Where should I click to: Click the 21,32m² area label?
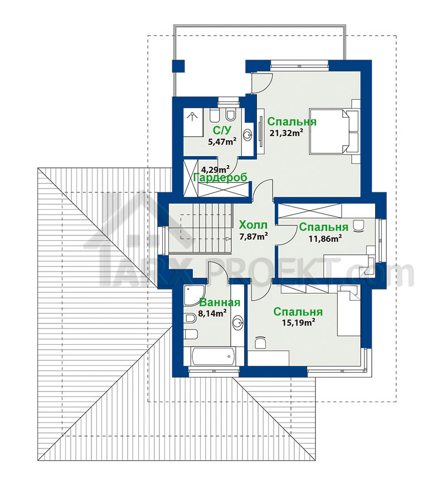click(286, 133)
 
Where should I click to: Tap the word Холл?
click(253, 225)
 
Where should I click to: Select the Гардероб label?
click(220, 177)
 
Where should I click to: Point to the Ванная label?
click(220, 302)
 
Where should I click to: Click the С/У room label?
click(222, 130)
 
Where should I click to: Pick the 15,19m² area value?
click(298, 322)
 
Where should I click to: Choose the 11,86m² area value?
click(325, 238)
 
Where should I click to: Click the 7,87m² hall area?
click(254, 236)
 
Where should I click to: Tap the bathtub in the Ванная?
click(213, 356)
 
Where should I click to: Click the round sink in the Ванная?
click(238, 322)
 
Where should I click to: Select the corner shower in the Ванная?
click(194, 295)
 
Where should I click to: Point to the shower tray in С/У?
click(193, 123)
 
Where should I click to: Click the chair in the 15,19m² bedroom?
click(260, 342)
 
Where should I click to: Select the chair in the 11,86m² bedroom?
click(358, 226)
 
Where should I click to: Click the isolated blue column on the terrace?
click(179, 66)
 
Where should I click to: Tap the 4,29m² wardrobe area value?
click(216, 169)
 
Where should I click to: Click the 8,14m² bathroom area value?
click(212, 313)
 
